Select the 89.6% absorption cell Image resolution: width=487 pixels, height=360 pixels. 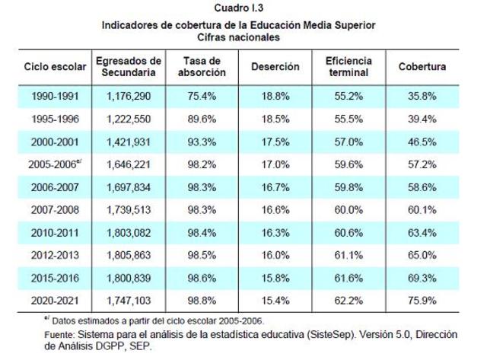pyautogui.click(x=202, y=117)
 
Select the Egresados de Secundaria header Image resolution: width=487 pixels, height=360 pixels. pyautogui.click(x=129, y=67)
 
